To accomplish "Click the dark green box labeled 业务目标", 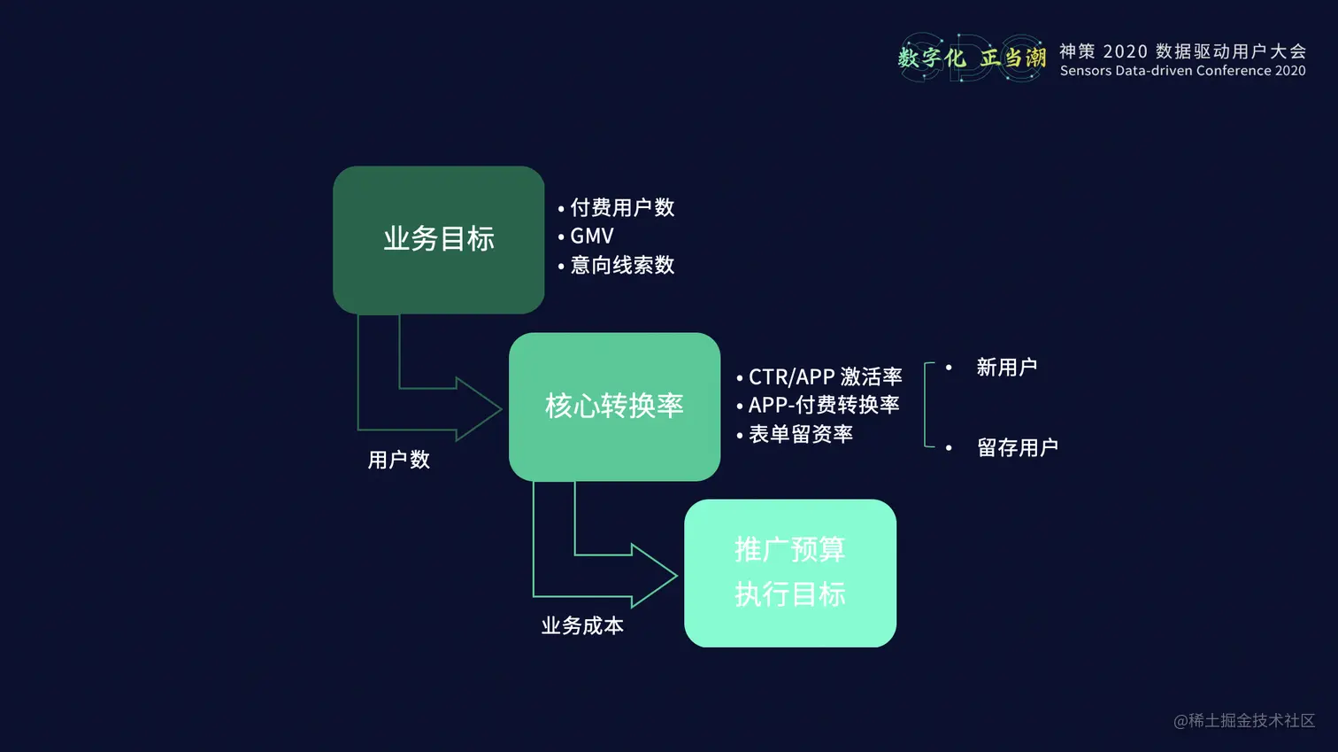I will (x=438, y=239).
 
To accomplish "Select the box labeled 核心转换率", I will (x=614, y=407).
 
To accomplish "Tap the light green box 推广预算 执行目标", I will (x=789, y=572).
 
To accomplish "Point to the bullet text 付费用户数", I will (x=622, y=208).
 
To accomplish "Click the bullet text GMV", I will (x=591, y=236).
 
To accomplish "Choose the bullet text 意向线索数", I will (x=622, y=266).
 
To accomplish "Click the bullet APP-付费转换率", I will (x=823, y=406).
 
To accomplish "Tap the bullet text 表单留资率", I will (x=800, y=434).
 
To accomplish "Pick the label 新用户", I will (x=1006, y=368).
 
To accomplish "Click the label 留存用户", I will (x=1017, y=448).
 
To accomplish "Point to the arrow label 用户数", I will (x=398, y=460).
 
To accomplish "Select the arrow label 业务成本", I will (x=582, y=626).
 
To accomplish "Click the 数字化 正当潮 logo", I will (x=972, y=58).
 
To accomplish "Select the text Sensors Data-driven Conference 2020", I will (x=1182, y=71).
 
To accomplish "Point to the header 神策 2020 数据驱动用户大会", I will (x=1182, y=51).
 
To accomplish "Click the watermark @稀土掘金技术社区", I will (x=1243, y=721).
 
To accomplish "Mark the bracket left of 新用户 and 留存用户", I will (x=927, y=405).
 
